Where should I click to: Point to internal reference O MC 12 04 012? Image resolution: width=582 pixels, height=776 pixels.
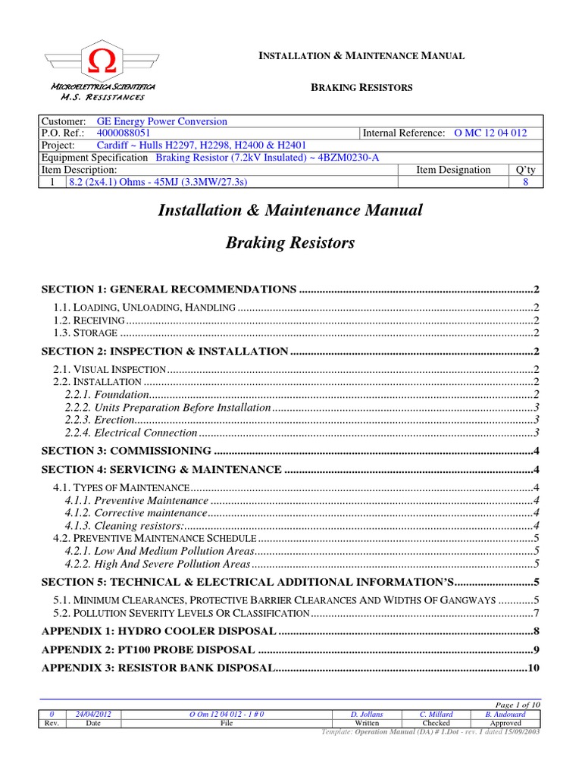[490, 133]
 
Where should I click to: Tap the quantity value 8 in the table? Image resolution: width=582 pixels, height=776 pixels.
[525, 183]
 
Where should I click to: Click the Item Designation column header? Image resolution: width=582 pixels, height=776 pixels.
[453, 170]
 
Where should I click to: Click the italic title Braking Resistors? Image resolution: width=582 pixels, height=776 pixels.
[290, 243]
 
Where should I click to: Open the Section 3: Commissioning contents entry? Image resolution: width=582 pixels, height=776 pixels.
[126, 451]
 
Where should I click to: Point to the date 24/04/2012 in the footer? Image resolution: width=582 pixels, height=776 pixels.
[94, 714]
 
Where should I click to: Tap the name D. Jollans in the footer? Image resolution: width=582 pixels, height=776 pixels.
[367, 714]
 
